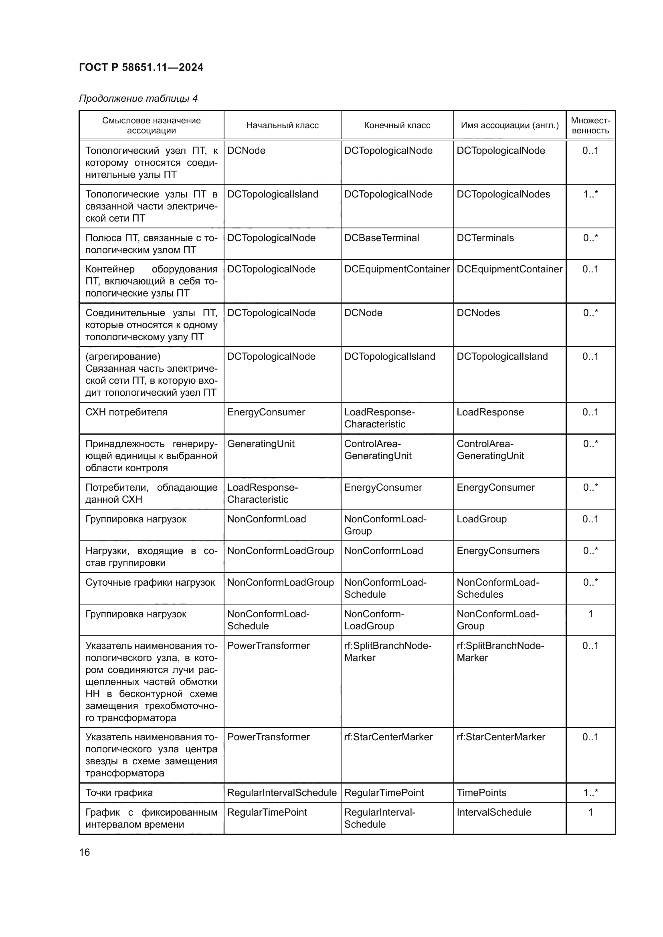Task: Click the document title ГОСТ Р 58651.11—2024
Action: (141, 67)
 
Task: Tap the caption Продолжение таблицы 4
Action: (138, 99)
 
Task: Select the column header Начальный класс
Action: (282, 125)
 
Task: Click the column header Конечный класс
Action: (397, 125)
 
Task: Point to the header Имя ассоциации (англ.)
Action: (509, 125)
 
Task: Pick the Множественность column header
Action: (590, 125)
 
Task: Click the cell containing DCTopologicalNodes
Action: (503, 194)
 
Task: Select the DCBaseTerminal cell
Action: (381, 238)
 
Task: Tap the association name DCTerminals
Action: (485, 238)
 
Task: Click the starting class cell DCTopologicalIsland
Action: (272, 194)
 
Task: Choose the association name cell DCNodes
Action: (478, 313)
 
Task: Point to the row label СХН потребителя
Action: (126, 412)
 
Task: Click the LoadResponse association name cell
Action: (490, 412)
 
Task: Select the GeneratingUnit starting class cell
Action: (261, 443)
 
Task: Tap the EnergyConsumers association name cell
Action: (498, 551)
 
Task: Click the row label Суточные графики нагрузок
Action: (150, 582)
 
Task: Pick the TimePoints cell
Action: (481, 792)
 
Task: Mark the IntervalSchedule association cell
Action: (493, 812)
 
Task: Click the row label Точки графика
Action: (119, 792)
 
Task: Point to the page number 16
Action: (85, 852)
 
